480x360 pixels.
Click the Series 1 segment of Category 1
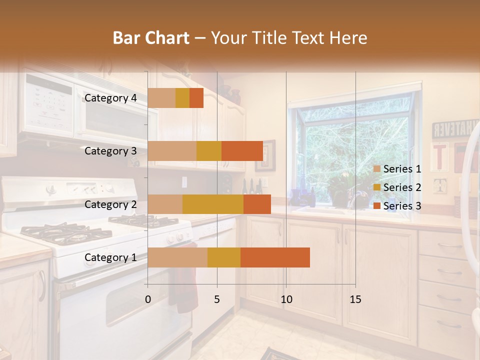coord(177,257)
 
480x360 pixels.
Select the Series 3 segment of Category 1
coord(275,257)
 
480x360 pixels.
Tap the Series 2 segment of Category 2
coord(213,204)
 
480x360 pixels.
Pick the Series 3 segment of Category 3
coord(242,151)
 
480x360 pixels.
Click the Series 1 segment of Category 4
coord(161,98)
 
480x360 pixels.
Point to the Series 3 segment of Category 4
coord(196,98)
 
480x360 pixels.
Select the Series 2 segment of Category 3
coord(209,151)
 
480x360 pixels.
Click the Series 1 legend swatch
coord(377,169)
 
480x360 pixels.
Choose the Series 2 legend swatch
coord(377,187)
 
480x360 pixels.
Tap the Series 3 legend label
coord(402,206)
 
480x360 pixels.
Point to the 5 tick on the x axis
coord(217,299)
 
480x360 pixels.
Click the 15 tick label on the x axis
coord(355,299)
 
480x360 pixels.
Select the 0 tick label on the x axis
coord(148,299)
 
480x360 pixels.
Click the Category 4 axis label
coord(110,98)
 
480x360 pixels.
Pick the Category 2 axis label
coord(110,204)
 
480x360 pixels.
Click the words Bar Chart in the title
coord(151,38)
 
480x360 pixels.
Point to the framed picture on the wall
coord(265,155)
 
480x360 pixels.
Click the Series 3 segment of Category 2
coord(257,204)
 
